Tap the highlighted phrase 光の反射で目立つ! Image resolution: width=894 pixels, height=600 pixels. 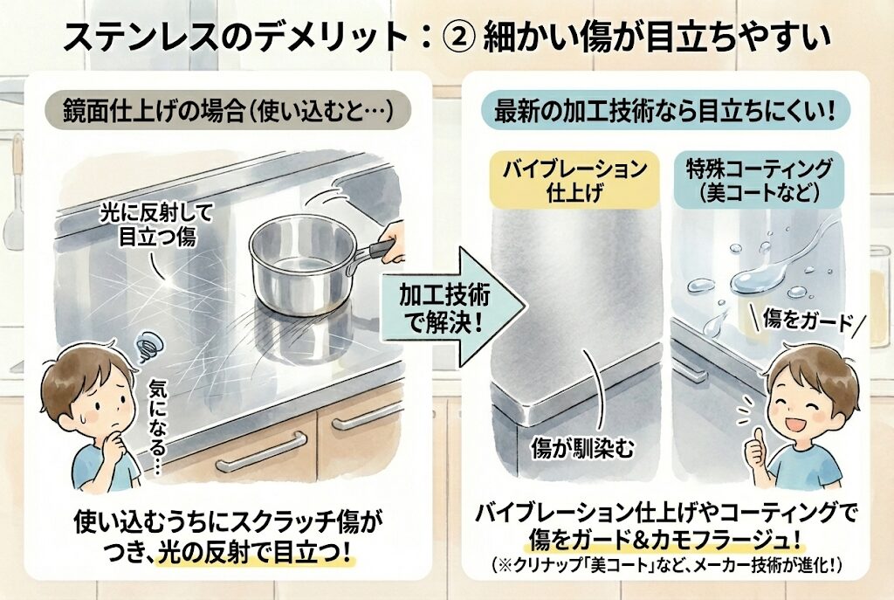click(254, 553)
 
